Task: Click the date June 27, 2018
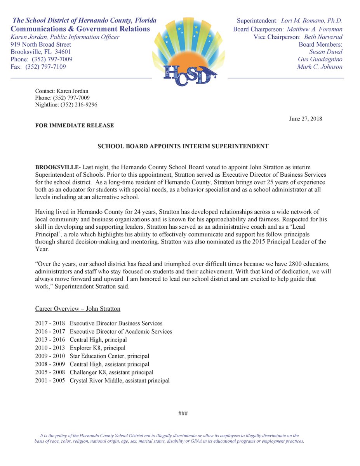point(305,119)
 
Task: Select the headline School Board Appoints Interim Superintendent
point(183,146)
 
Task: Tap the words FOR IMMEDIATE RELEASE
point(75,125)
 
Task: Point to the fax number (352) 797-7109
point(45,67)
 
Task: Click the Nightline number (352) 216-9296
point(78,105)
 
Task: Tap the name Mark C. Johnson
point(320,67)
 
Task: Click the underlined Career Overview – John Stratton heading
point(78,309)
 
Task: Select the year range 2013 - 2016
point(50,340)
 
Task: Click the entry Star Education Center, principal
point(109,356)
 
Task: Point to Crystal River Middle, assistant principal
point(119,381)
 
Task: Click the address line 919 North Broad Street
point(41,45)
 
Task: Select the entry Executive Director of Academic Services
point(121,332)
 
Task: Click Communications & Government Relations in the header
point(80,29)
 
